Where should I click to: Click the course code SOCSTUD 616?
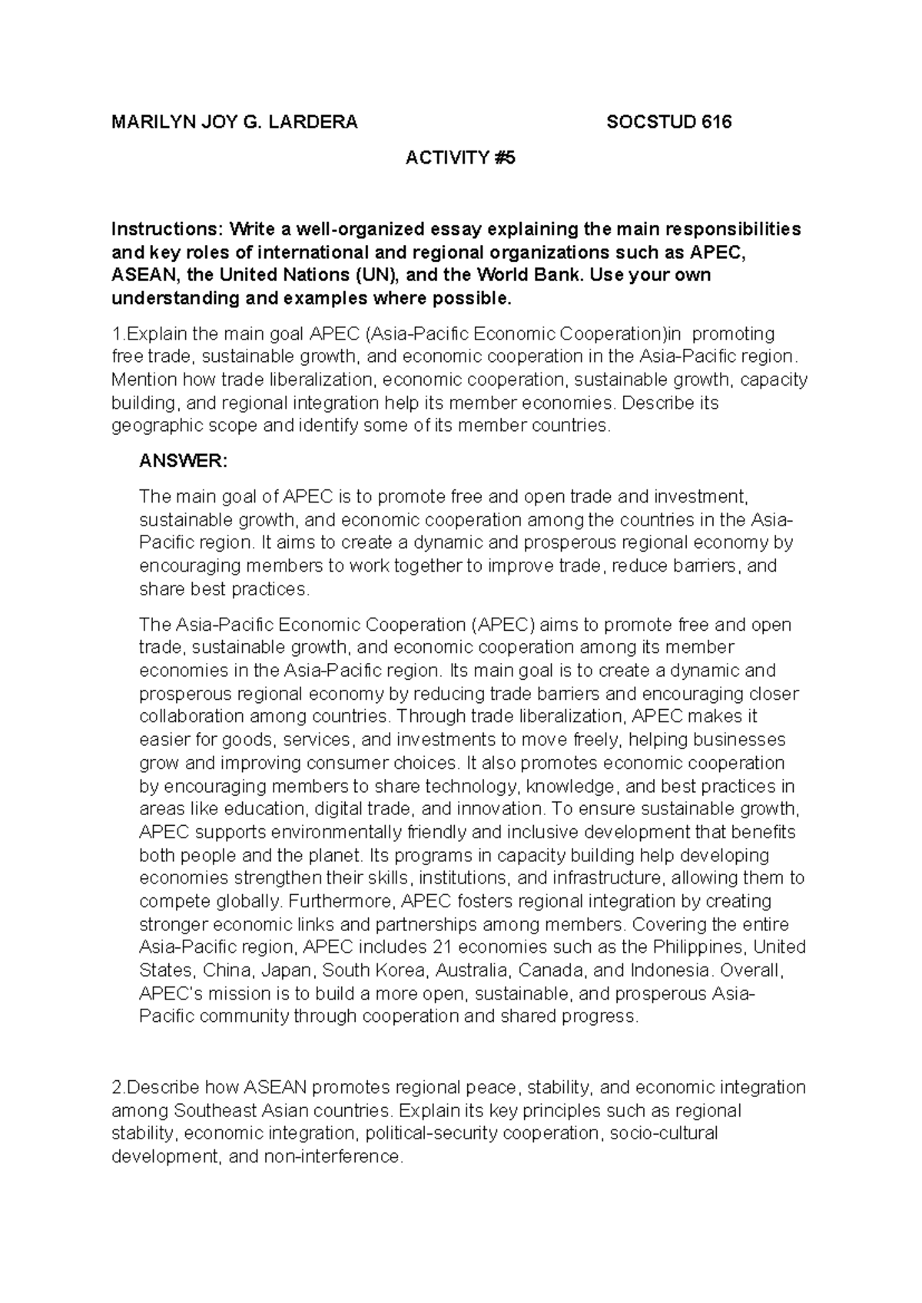pyautogui.click(x=668, y=122)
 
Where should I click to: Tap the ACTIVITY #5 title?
pyautogui.click(x=460, y=158)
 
